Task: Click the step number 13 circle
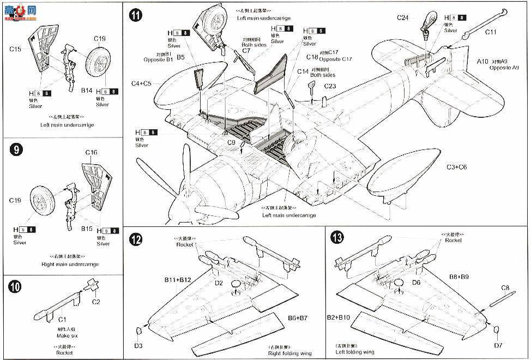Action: [x=339, y=238]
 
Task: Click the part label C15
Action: [x=15, y=49]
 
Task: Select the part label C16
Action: [x=91, y=153]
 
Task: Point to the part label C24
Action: [x=402, y=18]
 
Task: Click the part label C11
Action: [x=491, y=32]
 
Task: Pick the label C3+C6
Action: [x=456, y=167]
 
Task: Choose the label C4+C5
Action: [x=142, y=83]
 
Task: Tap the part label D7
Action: [x=498, y=345]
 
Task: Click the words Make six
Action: [x=64, y=337]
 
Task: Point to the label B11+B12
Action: [x=178, y=280]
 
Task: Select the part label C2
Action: [x=96, y=301]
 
